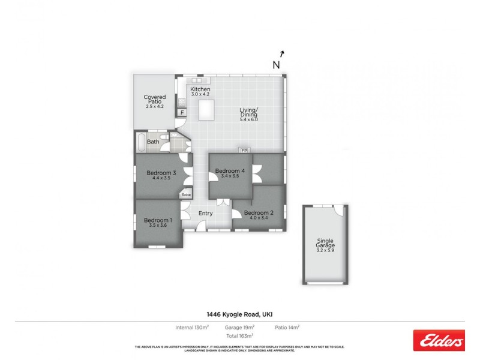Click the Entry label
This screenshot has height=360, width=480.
pos(205,213)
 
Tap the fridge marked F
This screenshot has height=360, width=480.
pos(182,112)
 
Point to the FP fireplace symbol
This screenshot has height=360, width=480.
pos(244,150)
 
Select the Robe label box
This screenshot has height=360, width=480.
pos(187,194)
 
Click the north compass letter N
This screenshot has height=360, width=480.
pos(277,65)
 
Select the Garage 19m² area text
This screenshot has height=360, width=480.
pos(241,327)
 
